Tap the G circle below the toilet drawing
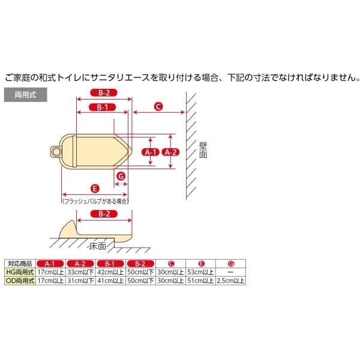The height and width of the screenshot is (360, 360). tap(121, 176)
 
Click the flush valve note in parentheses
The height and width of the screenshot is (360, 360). tap(95, 202)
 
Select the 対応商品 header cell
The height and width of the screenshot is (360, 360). tap(20, 263)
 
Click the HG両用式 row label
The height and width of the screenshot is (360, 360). tap(20, 271)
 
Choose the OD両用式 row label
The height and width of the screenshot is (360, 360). tap(20, 280)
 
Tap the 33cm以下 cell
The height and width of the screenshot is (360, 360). tap(81, 271)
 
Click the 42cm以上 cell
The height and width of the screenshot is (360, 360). tap(111, 271)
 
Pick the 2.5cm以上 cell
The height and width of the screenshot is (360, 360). tap(231, 280)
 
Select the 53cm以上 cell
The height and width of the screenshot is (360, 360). tap(201, 271)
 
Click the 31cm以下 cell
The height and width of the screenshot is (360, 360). tap(81, 280)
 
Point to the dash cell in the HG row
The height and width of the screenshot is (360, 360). tap(231, 271)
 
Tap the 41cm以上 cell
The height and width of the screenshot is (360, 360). tap(111, 280)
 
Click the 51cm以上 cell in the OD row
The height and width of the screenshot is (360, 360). tap(201, 280)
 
